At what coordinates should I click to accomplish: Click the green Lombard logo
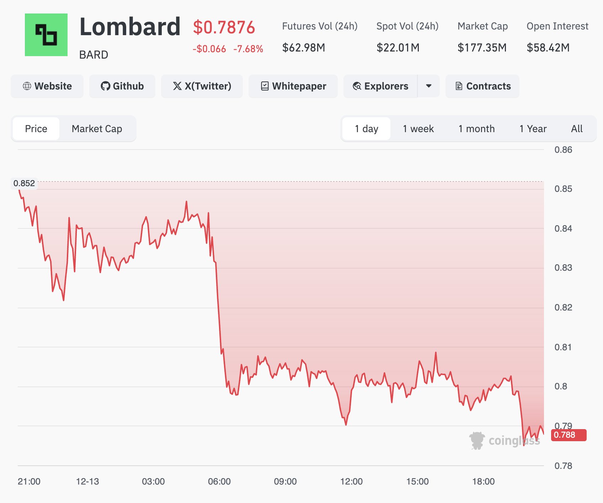46,35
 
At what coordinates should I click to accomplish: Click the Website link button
47,86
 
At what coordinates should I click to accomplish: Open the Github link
122,86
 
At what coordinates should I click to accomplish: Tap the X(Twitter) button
202,86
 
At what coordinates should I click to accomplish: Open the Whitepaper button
293,86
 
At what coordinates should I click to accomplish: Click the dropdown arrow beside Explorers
429,86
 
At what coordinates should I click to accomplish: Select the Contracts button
482,86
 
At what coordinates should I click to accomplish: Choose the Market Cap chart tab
97,129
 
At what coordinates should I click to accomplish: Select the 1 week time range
418,129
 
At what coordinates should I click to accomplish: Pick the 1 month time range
476,129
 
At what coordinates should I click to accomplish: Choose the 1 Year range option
533,129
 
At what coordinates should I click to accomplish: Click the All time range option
577,129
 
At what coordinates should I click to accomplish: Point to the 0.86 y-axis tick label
563,150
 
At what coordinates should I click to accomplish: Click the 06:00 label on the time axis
219,481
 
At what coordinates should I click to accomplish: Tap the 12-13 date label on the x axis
87,481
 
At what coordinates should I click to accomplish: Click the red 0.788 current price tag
568,435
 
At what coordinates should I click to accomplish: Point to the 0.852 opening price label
24,183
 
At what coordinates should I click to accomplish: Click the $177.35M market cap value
482,48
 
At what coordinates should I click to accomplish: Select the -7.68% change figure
248,49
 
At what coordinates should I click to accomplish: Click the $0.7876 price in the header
224,27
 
